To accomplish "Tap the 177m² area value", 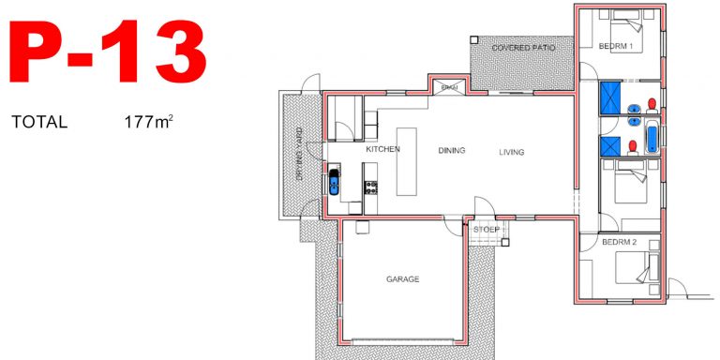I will click(x=148, y=122).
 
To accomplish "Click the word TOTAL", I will click(x=39, y=123).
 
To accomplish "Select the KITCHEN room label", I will click(x=382, y=150).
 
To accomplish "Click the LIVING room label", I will click(x=511, y=152).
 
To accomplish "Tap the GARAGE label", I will click(x=402, y=279).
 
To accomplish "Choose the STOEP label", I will click(x=486, y=229).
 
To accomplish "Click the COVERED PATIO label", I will click(x=523, y=46).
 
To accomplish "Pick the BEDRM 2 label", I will click(x=620, y=242).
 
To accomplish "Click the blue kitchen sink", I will click(x=334, y=181).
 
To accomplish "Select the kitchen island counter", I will click(x=406, y=160).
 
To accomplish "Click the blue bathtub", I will click(x=651, y=129).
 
